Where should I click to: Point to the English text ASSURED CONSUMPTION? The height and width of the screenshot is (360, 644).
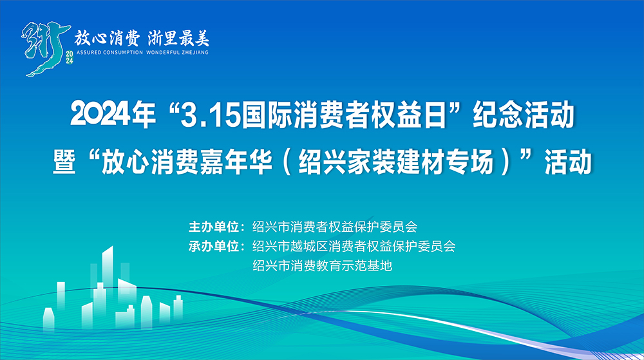109,52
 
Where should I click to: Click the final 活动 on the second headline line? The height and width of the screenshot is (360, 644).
567,162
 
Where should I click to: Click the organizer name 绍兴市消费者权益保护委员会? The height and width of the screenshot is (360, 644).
335,227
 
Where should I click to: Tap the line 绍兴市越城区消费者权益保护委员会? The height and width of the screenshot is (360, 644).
354,246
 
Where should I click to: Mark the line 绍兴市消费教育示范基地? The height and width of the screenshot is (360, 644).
322,265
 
